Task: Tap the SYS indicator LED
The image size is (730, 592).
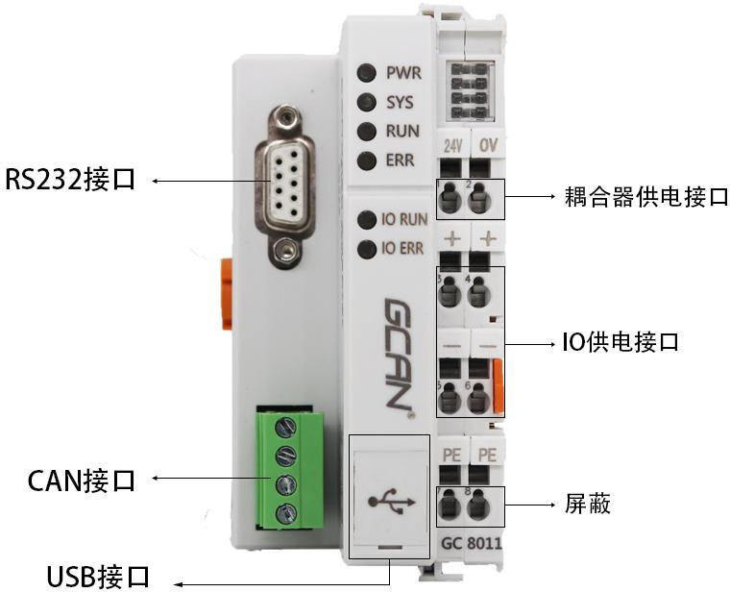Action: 366,102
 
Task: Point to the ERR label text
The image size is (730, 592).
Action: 401,160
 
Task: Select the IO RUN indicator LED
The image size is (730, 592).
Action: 366,220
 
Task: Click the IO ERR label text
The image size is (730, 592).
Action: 403,249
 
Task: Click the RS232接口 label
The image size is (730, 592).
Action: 71,181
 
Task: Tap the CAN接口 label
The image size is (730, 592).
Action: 70,479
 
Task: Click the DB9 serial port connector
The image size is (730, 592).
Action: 280,186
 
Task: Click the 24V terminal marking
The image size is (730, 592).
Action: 452,146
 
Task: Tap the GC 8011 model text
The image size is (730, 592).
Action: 471,543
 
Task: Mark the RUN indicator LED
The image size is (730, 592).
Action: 366,132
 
